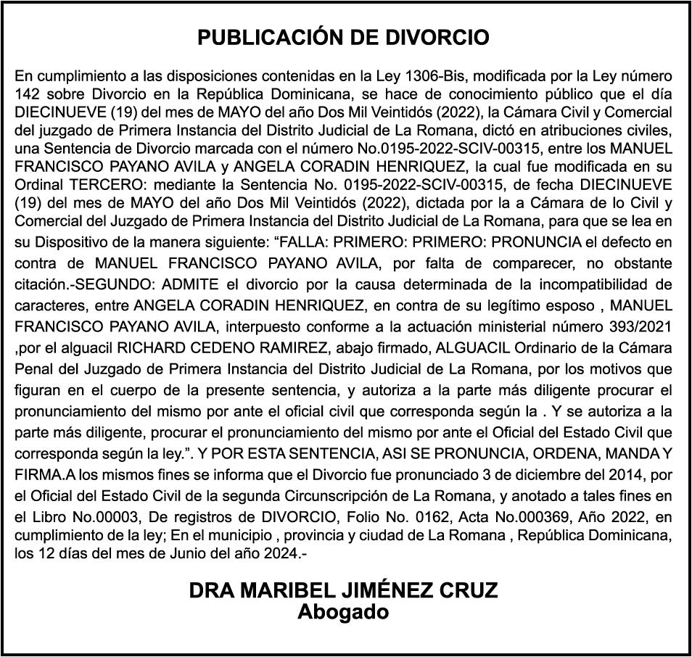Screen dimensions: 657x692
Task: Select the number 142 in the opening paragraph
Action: (x=28, y=94)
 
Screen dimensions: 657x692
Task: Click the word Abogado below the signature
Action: (x=343, y=611)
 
